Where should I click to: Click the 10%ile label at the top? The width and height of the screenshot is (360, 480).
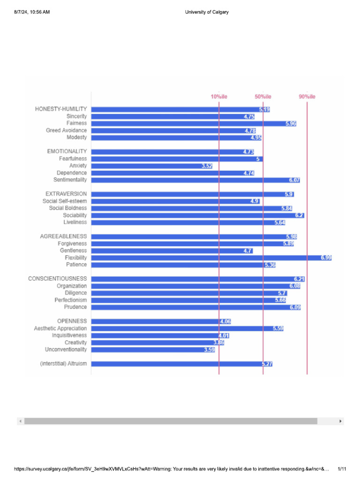click(x=218, y=97)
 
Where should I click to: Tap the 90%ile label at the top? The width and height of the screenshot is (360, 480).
click(x=307, y=97)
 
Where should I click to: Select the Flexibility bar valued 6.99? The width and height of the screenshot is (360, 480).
click(x=211, y=258)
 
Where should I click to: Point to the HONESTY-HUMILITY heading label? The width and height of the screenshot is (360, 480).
click(x=61, y=109)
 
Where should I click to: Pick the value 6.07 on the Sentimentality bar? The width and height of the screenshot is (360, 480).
click(x=294, y=180)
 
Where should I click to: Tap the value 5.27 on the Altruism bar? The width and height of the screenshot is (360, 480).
click(x=267, y=364)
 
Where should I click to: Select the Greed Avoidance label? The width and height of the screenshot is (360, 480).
click(x=66, y=130)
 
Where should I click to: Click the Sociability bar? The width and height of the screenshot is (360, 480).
click(x=197, y=215)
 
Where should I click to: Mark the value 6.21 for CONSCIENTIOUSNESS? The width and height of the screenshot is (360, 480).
click(x=299, y=279)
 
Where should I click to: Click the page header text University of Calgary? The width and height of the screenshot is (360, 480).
click(x=207, y=12)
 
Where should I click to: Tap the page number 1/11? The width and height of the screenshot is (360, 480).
click(x=342, y=469)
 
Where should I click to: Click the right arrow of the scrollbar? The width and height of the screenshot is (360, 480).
click(x=341, y=421)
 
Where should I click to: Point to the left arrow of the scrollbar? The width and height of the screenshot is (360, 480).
click(x=20, y=421)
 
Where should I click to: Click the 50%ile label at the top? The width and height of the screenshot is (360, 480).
click(x=263, y=97)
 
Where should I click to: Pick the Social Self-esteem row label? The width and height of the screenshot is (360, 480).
click(x=64, y=201)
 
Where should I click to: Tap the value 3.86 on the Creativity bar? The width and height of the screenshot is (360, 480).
click(x=218, y=343)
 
